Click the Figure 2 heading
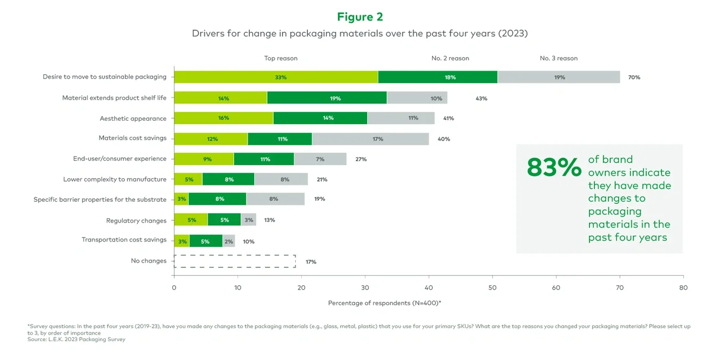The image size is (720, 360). coord(360,17)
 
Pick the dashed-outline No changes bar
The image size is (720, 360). coord(235,261)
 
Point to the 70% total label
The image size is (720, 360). coord(634,78)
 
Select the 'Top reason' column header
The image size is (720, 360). coord(280,58)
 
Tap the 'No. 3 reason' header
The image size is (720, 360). coord(558,58)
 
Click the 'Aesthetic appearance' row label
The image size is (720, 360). coord(133,119)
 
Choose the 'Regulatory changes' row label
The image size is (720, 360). coord(136,220)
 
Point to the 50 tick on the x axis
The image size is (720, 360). coord(492,287)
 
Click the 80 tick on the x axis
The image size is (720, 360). coord(683,287)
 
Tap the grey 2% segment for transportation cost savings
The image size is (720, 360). coord(229,241)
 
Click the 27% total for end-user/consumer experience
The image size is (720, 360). coord(360,160)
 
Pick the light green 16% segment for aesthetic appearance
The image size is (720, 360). coord(224,118)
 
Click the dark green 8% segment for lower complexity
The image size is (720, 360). coord(229,179)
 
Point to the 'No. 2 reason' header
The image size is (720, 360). coord(450,58)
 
